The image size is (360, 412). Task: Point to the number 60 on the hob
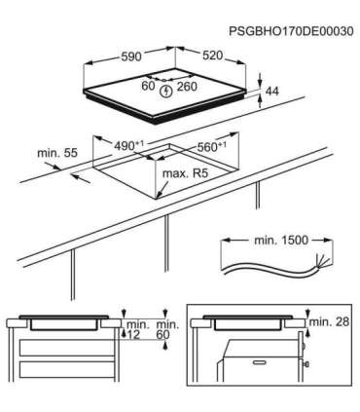(x=148, y=87)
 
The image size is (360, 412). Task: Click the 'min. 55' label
(x=55, y=154)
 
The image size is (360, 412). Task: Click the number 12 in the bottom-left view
(x=133, y=334)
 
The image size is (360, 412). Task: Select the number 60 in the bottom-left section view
(x=162, y=334)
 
